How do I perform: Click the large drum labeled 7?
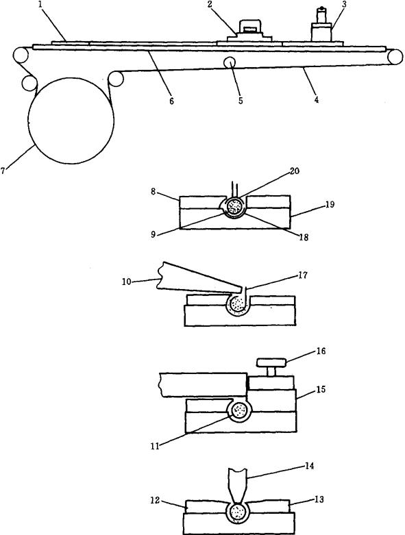click(71, 121)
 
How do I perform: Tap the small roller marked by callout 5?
click(230, 62)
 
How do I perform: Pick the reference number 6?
click(171, 101)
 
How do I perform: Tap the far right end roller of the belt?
click(395, 57)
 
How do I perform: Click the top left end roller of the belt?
click(21, 55)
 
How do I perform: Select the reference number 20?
click(294, 171)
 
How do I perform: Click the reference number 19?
click(330, 205)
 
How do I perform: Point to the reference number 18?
click(303, 237)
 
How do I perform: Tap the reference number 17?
click(302, 275)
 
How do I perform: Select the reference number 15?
click(321, 389)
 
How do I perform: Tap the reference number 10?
click(127, 282)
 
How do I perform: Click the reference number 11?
click(156, 446)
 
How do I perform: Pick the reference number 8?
click(154, 192)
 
